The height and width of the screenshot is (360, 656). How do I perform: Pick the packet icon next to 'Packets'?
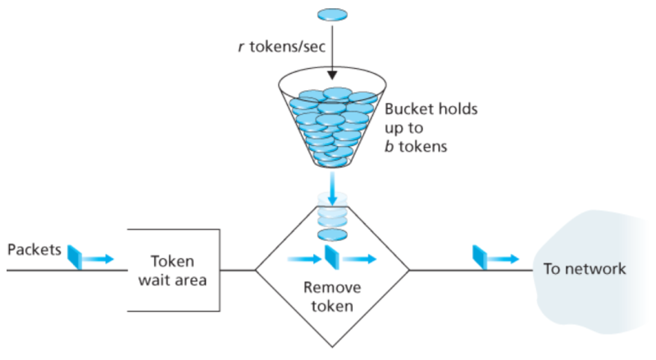(73, 256)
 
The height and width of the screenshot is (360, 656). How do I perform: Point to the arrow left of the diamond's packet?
(303, 259)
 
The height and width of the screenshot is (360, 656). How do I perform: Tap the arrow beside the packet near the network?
(505, 258)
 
